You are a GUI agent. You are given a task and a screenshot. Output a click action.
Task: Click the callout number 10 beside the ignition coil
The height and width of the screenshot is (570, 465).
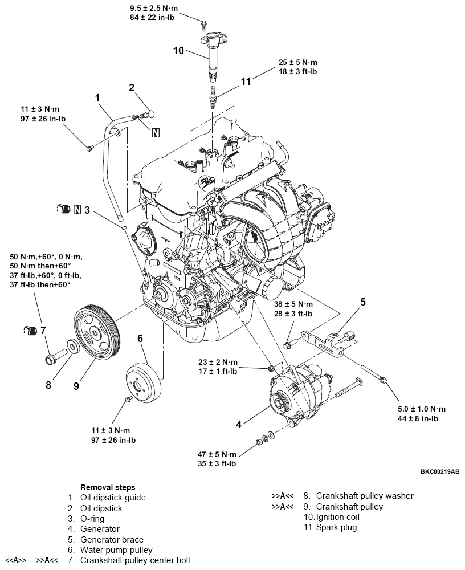click(x=178, y=50)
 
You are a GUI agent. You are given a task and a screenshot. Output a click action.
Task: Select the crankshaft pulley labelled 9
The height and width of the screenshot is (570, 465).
click(x=96, y=334)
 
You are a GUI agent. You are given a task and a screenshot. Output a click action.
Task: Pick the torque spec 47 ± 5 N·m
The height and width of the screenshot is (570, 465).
click(x=217, y=454)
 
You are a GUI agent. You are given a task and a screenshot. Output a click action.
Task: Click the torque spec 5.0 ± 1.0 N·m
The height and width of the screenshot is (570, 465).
click(x=422, y=409)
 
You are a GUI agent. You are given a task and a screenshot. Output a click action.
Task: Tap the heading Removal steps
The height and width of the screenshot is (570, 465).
click(x=108, y=487)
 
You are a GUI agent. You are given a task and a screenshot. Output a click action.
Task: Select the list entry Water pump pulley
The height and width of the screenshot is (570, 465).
click(x=117, y=550)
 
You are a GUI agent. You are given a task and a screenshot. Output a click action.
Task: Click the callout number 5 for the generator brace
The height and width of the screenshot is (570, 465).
click(x=362, y=301)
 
